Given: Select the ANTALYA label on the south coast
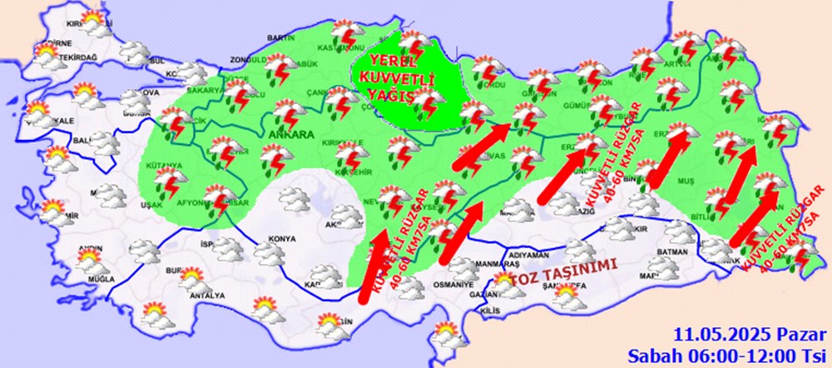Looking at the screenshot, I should pos(207,295).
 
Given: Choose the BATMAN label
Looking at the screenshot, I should pos(672,252).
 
